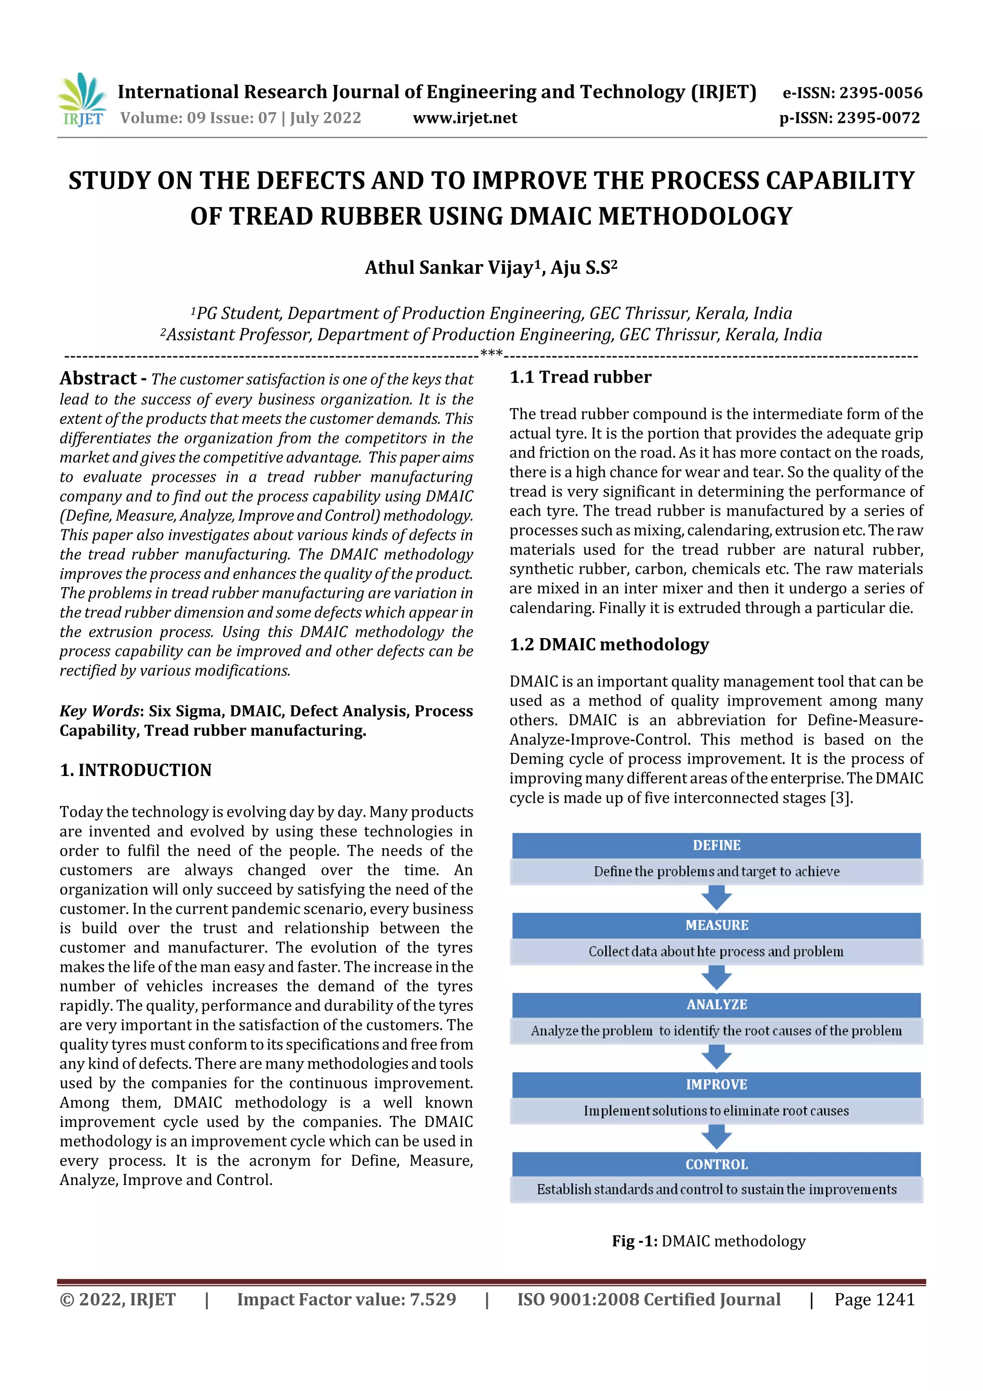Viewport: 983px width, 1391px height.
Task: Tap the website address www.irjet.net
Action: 465,118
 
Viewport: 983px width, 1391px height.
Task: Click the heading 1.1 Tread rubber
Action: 580,377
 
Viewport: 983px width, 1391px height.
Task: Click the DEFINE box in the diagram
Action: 716,845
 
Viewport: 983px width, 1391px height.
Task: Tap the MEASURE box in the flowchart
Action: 716,925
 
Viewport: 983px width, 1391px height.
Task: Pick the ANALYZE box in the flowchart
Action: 716,1004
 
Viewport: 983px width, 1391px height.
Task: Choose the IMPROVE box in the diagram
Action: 716,1085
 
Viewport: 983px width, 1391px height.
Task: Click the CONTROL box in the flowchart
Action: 716,1164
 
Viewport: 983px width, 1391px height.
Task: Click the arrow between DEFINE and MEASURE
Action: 716,897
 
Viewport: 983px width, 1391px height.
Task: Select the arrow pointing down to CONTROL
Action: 716,1137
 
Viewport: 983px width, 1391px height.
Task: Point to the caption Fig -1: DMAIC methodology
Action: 708,1241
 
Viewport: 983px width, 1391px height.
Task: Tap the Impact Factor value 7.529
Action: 432,1299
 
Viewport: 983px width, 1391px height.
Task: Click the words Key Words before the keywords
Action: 99,711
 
